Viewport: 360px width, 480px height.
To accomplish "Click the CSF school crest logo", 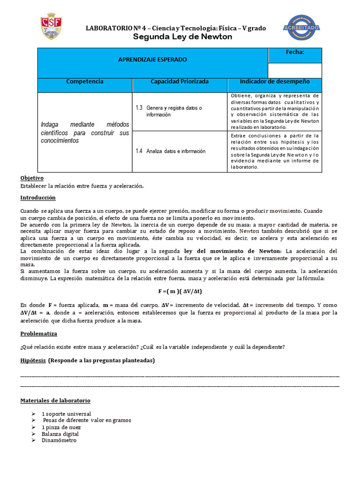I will click(50, 26).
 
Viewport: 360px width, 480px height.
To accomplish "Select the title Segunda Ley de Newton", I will click(183, 37).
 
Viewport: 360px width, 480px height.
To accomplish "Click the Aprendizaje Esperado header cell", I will click(152, 60).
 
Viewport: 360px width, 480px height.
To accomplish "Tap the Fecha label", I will click(295, 52).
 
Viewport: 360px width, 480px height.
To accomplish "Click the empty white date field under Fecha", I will click(295, 70).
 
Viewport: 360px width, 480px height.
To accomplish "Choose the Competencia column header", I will click(85, 82).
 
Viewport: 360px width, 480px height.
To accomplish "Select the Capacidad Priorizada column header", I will click(180, 82).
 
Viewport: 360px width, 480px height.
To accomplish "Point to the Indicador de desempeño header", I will click(275, 82).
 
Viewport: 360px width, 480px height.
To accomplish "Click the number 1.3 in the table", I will click(139, 108).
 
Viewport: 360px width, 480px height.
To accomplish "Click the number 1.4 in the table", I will click(139, 151).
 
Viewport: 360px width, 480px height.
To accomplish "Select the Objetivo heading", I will click(32, 178).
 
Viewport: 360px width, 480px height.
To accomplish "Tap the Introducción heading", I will click(38, 198).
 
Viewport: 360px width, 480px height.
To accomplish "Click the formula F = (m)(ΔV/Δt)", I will click(180, 291).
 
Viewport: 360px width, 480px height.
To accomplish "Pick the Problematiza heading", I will click(38, 334).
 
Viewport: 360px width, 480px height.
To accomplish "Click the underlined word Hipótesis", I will click(33, 360).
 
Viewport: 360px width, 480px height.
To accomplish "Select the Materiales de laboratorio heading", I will click(55, 401).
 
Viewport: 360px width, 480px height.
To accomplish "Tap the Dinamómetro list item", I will click(59, 441).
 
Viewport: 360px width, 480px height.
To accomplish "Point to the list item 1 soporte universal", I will click(66, 414).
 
